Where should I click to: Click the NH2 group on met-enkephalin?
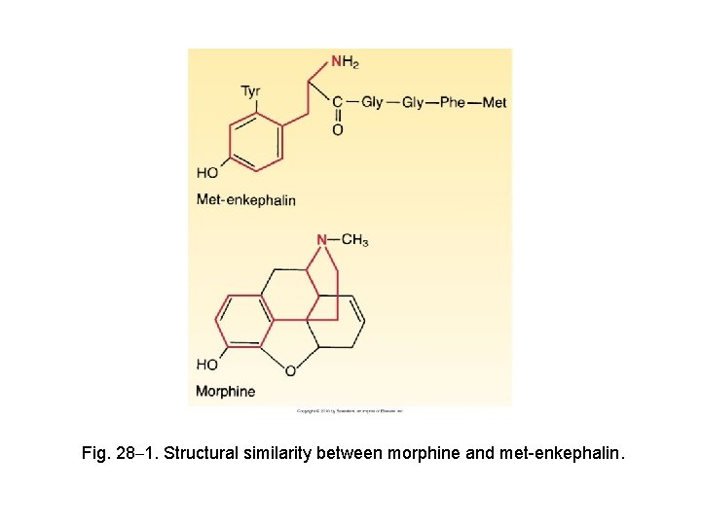pyautogui.click(x=345, y=62)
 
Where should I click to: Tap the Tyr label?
pyautogui.click(x=251, y=92)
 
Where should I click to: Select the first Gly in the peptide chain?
pyautogui.click(x=372, y=101)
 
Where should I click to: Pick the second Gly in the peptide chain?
pyautogui.click(x=413, y=102)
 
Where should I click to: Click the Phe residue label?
pyautogui.click(x=453, y=102)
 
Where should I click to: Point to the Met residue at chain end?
pyautogui.click(x=494, y=102)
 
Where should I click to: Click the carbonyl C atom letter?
pyautogui.click(x=337, y=102)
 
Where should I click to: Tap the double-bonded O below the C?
pyautogui.click(x=337, y=129)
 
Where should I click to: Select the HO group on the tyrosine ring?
pyautogui.click(x=207, y=173)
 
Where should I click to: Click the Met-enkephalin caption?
pyautogui.click(x=245, y=199)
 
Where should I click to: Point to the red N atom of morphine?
pyautogui.click(x=321, y=239)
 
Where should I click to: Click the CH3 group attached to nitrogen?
pyautogui.click(x=354, y=239)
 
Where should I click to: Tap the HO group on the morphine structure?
pyautogui.click(x=207, y=365)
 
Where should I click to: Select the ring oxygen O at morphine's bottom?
pyautogui.click(x=290, y=371)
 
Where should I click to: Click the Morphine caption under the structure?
pyautogui.click(x=225, y=392)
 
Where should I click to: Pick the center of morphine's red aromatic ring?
pyautogui.click(x=245, y=320)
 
